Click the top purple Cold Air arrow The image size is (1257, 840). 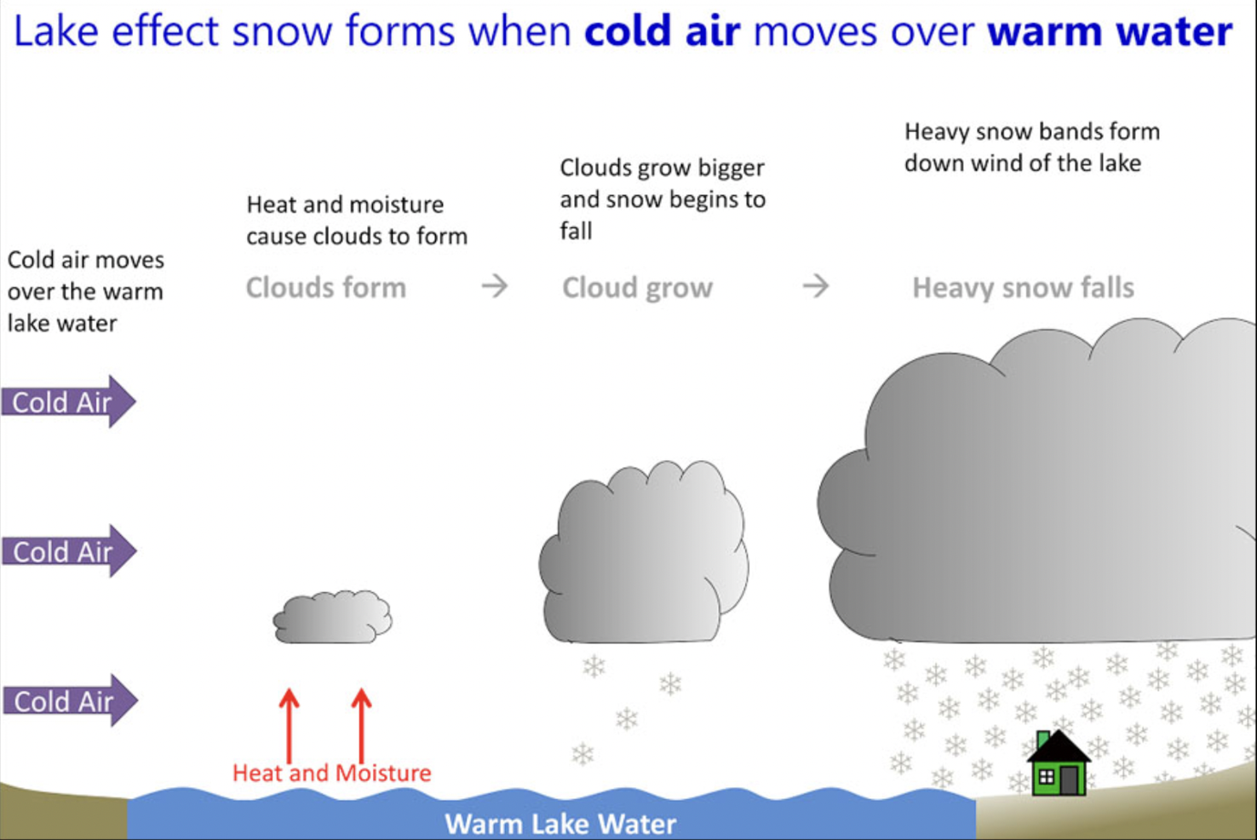[68, 401]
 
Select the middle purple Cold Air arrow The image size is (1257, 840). [68, 551]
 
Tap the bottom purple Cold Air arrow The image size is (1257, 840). [68, 701]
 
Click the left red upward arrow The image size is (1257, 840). [290, 724]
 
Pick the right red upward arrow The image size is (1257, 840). [362, 724]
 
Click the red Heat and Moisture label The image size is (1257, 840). [331, 774]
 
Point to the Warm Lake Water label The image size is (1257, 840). [560, 824]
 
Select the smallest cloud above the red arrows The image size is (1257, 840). [332, 618]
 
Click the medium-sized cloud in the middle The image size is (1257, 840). [645, 554]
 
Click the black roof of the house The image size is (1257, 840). [1059, 747]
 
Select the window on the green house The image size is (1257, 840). [1047, 777]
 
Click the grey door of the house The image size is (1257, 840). [1070, 779]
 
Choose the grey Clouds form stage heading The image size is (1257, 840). [325, 288]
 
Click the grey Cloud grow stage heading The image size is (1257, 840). [637, 288]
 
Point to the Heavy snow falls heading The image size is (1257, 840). [1023, 288]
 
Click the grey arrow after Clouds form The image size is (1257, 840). [495, 286]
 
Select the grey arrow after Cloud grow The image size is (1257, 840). [816, 286]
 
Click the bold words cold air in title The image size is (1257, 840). [662, 32]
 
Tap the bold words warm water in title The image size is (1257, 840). [1109, 32]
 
